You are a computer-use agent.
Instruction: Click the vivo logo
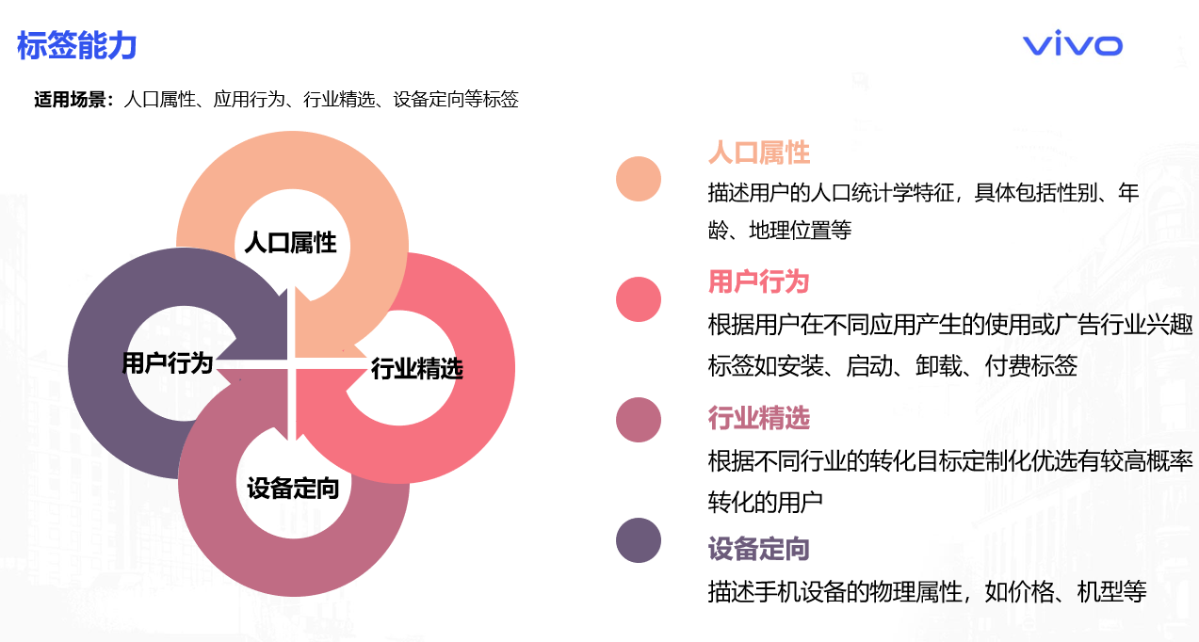click(x=1072, y=45)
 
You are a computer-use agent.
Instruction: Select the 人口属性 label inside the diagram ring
click(x=290, y=243)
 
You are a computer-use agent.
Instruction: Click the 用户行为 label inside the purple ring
click(x=168, y=362)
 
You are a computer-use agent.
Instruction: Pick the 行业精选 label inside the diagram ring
click(x=416, y=368)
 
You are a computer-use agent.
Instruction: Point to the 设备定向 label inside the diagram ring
click(x=293, y=488)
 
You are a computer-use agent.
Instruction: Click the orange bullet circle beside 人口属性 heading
click(x=639, y=179)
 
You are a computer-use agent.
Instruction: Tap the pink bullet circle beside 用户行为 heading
click(x=639, y=299)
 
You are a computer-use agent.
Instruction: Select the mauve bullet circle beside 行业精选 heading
click(x=639, y=420)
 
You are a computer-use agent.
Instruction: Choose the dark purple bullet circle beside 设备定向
click(x=639, y=540)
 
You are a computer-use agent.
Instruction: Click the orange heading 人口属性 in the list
click(x=759, y=152)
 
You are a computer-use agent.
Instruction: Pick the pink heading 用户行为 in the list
click(x=759, y=281)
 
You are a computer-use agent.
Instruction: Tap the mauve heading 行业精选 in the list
click(x=759, y=417)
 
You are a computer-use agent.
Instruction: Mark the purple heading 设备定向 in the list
click(x=759, y=548)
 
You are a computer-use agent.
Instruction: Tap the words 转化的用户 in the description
click(x=766, y=502)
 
